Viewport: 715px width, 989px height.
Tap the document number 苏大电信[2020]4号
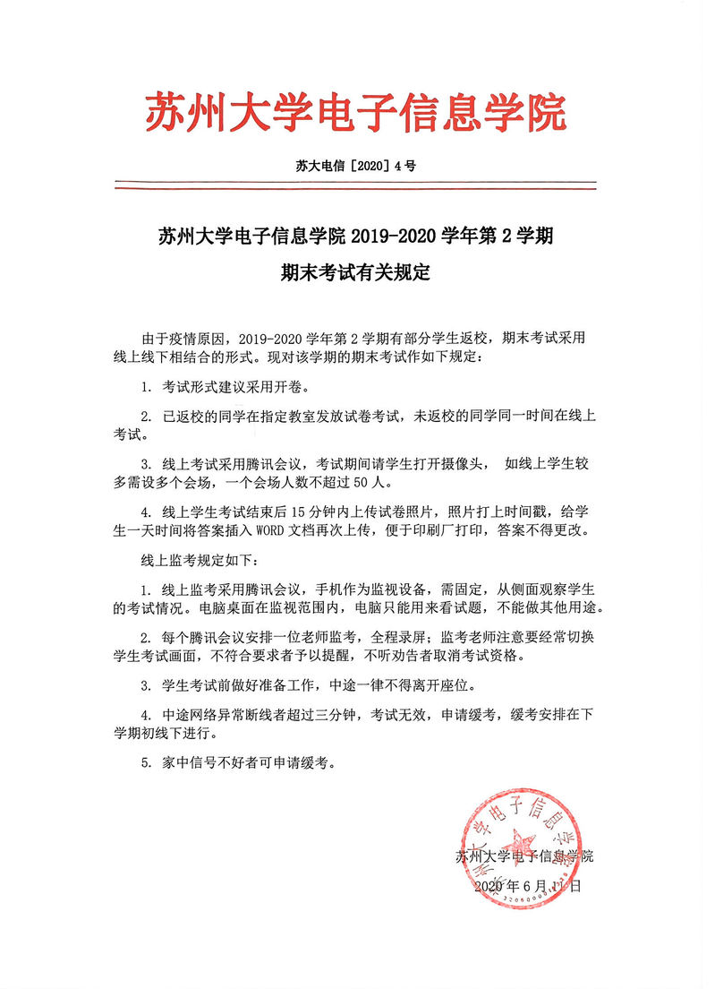coord(355,166)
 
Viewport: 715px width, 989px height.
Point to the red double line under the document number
coord(356,186)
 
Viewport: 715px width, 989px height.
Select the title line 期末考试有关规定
coord(356,273)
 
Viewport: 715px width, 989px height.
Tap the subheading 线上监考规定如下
coord(186,562)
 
